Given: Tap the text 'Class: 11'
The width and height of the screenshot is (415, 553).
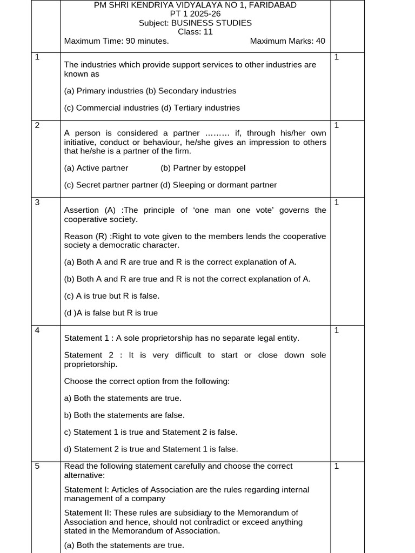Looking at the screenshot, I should (195, 32).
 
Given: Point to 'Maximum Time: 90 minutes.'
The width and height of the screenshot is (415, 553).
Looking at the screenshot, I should (116, 41).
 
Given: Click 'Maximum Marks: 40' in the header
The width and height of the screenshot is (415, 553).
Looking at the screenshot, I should (287, 41).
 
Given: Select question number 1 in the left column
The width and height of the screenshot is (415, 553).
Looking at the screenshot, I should (37, 57).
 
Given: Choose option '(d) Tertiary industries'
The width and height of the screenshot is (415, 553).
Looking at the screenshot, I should (200, 108).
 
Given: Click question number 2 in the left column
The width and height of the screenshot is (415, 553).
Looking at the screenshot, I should (37, 125).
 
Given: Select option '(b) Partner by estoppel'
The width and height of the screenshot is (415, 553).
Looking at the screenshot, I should (203, 168).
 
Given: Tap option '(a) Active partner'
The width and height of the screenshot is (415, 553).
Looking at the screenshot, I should (96, 168).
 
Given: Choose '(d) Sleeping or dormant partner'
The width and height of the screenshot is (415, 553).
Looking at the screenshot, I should (218, 185).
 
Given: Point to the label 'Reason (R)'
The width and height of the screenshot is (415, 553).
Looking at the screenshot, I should (86, 237).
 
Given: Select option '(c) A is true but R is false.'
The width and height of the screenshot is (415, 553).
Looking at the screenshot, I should (112, 296).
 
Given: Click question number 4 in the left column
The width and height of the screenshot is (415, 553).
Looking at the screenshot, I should (37, 331).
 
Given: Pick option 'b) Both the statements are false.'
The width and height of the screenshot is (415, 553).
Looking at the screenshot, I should (124, 415).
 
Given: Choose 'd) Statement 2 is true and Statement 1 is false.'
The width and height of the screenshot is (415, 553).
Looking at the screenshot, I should (151, 449).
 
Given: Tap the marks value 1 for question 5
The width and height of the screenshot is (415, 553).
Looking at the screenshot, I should (337, 466).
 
